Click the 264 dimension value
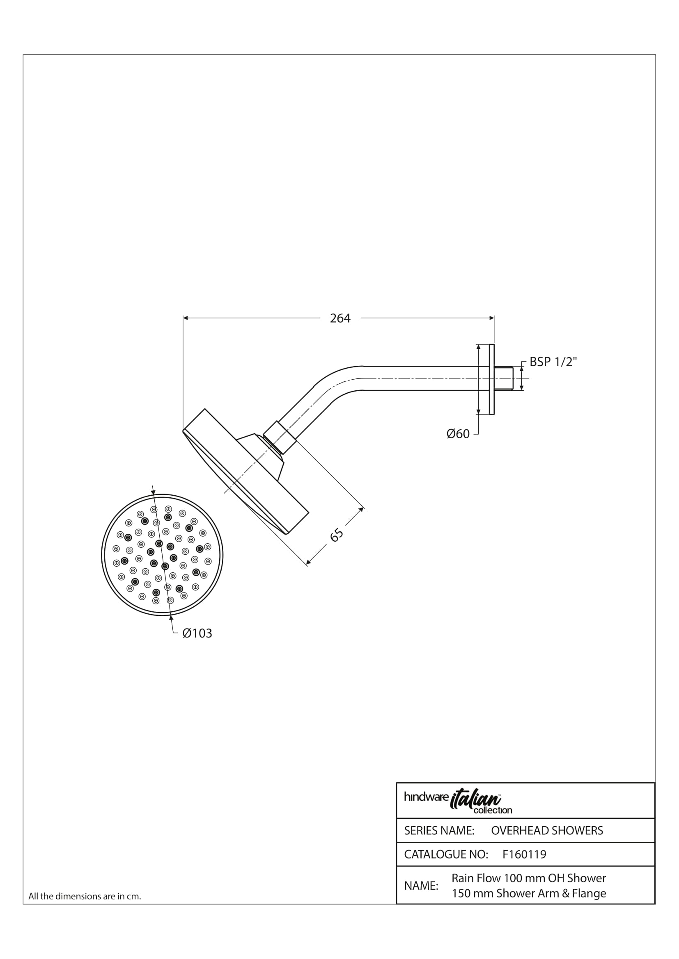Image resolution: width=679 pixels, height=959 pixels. coord(340,318)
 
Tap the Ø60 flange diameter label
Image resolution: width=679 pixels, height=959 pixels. coord(458,434)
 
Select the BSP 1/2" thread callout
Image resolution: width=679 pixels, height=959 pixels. coord(553,362)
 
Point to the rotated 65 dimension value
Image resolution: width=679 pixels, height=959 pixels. coord(337,535)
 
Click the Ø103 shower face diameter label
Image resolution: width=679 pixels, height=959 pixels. coord(197,633)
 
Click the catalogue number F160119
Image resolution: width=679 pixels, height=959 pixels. coord(524,854)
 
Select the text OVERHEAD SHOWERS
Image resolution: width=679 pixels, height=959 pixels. coord(547,830)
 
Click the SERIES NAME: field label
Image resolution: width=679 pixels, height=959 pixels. coord(439,830)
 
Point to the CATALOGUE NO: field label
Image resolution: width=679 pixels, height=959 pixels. coord(446,854)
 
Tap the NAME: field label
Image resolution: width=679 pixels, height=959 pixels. coord(421,886)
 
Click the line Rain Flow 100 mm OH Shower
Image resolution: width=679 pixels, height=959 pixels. coord(528,878)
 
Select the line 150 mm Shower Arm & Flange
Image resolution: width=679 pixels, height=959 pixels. coord(529,893)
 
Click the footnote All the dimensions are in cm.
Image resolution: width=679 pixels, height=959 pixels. coord(85,896)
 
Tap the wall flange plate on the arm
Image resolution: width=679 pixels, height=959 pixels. coord(492,379)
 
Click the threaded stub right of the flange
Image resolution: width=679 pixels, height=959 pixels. coord(504,378)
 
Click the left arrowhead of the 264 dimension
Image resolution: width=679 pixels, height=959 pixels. coord(186,318)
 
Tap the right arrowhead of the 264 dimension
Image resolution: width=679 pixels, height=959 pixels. coord(491,318)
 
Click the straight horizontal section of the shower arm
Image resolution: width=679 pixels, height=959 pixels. coord(420,378)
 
